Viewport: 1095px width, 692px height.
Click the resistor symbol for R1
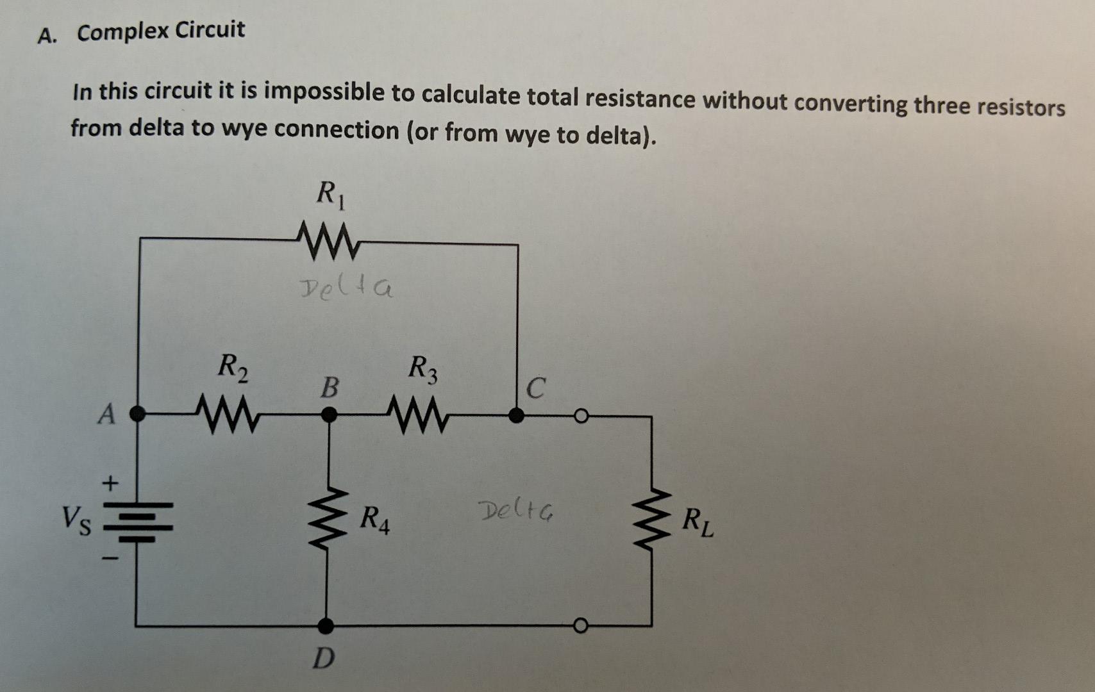(x=328, y=242)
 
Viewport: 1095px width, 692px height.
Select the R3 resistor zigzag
(x=420, y=414)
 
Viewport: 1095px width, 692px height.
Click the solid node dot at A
(x=137, y=414)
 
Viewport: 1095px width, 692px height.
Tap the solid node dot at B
(x=328, y=415)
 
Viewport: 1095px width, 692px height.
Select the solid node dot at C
(x=516, y=416)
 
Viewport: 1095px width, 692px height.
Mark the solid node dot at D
(x=326, y=625)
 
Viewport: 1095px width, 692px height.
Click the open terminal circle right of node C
(x=580, y=416)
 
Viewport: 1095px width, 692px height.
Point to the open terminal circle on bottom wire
(x=580, y=625)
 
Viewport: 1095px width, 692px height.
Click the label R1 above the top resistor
(x=331, y=195)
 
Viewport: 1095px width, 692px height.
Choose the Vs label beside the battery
(x=76, y=518)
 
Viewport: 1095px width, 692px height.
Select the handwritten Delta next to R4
(x=517, y=511)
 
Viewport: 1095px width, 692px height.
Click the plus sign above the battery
(x=111, y=482)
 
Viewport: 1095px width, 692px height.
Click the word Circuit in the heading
(x=210, y=29)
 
